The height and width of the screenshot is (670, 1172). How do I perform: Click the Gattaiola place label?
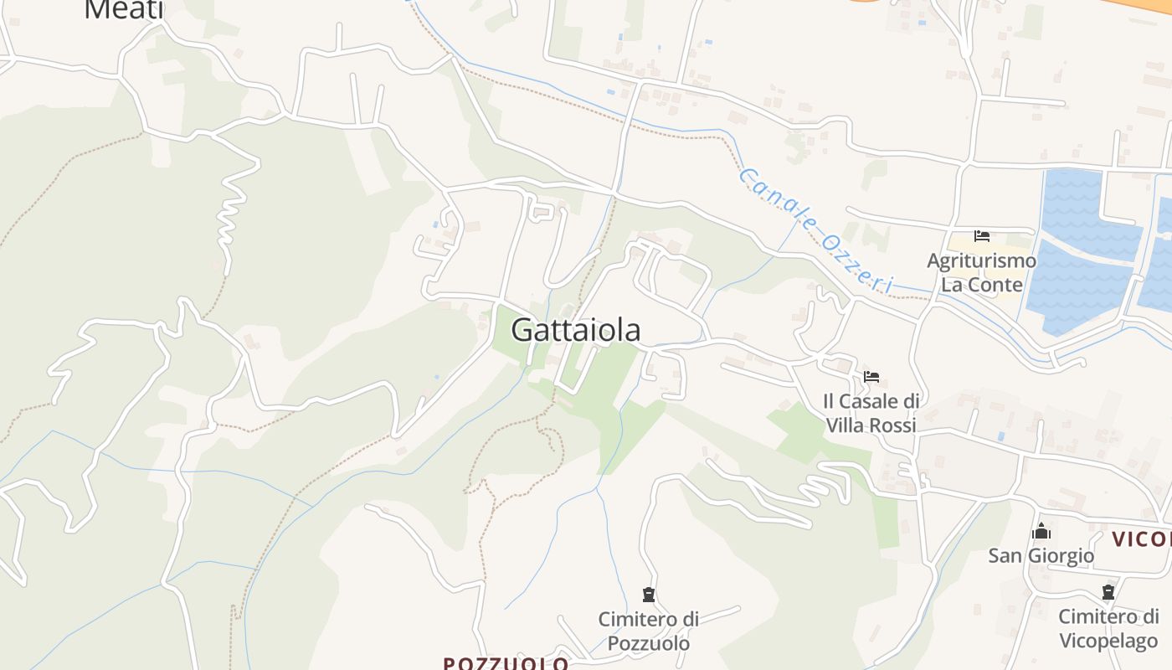pos(576,329)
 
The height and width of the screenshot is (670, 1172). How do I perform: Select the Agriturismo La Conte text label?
pos(981,272)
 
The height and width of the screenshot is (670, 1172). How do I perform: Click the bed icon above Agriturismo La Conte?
pos(982,236)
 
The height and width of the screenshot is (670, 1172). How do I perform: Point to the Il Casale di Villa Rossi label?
pos(871,413)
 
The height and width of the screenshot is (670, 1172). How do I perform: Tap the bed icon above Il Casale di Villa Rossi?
pos(871,377)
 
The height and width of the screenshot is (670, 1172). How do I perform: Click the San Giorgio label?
pos(1041,555)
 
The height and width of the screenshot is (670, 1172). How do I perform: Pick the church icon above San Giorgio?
pos(1041,531)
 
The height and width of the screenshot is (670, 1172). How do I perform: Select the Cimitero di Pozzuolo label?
pos(648,631)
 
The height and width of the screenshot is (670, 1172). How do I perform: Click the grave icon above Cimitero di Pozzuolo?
pos(648,595)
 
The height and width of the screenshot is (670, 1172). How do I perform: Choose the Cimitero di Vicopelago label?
pos(1108,628)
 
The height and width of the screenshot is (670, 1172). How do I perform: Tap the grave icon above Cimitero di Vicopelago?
pos(1108,592)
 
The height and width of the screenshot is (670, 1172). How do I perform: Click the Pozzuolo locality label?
pos(506,663)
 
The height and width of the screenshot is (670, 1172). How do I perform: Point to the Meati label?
pos(124,9)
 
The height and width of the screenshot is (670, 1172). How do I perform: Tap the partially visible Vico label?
pos(1142,539)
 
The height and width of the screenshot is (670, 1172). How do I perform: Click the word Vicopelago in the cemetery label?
pos(1108,641)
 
